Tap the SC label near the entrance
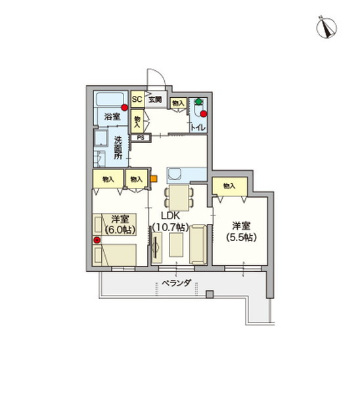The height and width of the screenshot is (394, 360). [137, 100]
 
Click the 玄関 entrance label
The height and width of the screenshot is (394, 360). [154, 100]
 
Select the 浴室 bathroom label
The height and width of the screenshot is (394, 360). [112, 116]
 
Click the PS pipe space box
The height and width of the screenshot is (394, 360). [141, 138]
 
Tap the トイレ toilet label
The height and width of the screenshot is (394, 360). [197, 129]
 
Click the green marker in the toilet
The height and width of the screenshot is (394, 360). [198, 102]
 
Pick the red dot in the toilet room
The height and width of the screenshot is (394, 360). [204, 114]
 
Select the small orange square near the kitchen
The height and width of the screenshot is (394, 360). [154, 177]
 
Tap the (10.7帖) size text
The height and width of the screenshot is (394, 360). [170, 227]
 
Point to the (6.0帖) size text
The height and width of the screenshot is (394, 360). [119, 230]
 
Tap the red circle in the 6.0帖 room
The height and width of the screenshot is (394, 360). [97, 240]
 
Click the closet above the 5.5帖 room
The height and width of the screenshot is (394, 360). [229, 186]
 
